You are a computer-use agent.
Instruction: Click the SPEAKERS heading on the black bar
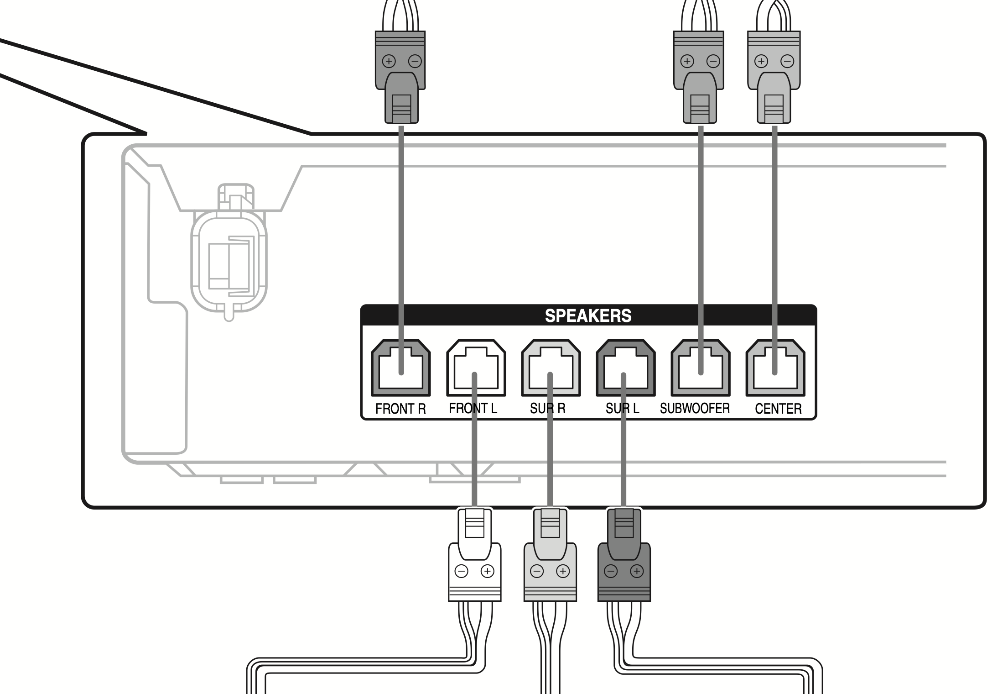[588, 316]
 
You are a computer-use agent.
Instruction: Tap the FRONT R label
[400, 409]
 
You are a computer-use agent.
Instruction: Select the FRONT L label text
[473, 408]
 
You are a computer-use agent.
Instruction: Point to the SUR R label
[547, 408]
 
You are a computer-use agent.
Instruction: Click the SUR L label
[622, 408]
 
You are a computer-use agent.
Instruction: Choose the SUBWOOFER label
[695, 408]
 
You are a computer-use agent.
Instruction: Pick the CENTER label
[778, 409]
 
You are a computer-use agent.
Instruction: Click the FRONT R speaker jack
[401, 368]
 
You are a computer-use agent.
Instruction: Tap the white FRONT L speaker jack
[476, 368]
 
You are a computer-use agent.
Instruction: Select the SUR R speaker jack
[551, 368]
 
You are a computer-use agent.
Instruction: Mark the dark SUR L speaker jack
[625, 368]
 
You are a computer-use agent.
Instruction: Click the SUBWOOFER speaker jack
[700, 368]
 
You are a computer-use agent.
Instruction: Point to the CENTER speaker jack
[775, 368]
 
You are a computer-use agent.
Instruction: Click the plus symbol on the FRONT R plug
[389, 61]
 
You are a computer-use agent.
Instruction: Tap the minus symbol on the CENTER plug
[787, 61]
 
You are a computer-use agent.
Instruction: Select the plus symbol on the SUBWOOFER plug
[687, 61]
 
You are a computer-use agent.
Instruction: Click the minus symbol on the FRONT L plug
[462, 571]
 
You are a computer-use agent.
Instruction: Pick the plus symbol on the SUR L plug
[637, 571]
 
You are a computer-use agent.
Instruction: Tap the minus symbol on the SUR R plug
[537, 571]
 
